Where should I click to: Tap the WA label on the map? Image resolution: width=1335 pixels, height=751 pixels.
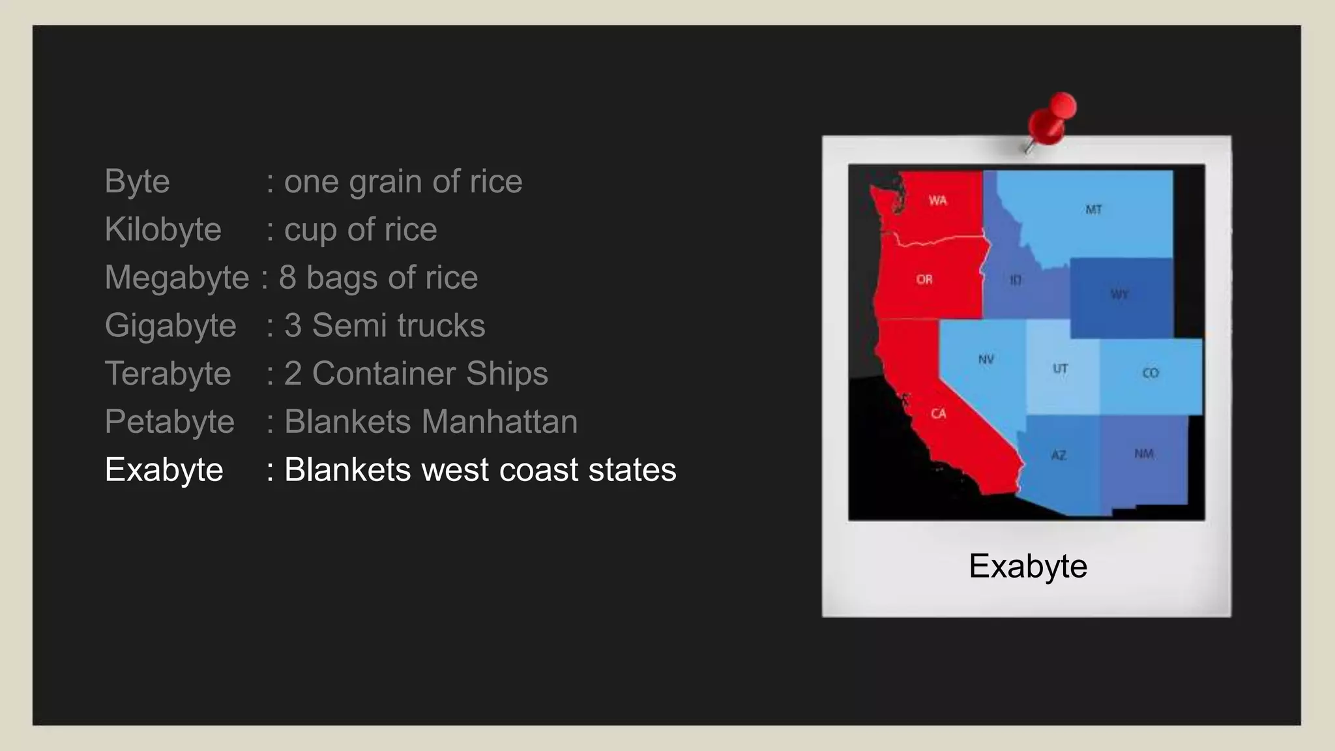[937, 200]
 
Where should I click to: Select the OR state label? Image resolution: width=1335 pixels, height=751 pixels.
[924, 280]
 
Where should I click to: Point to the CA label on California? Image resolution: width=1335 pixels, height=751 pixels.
[938, 413]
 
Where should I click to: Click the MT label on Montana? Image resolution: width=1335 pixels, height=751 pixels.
[1093, 209]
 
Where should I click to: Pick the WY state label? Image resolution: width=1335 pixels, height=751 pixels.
[1119, 295]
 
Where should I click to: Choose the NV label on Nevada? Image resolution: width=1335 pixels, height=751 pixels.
[986, 359]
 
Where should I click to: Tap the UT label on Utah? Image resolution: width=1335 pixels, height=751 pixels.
[1060, 369]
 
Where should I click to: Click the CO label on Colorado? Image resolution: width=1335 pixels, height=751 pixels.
[1151, 373]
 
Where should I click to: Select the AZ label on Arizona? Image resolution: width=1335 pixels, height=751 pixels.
[1059, 455]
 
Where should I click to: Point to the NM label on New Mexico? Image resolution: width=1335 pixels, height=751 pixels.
[1143, 454]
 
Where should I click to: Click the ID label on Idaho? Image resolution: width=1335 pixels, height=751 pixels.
[1016, 280]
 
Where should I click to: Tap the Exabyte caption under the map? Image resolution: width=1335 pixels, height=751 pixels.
[1027, 566]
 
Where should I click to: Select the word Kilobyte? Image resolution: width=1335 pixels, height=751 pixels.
[163, 229]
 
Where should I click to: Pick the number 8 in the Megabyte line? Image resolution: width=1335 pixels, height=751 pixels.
[287, 278]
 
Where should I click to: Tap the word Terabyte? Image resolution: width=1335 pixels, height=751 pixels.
[168, 374]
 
